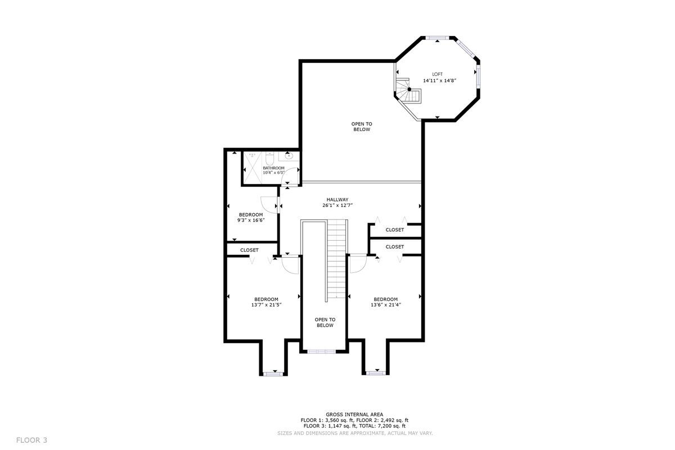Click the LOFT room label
[437, 74]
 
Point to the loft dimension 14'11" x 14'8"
[439, 80]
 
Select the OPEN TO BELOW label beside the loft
[362, 127]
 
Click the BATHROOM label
[273, 168]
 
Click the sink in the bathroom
[289, 156]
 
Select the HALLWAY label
[337, 199]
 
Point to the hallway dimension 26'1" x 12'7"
[337, 205]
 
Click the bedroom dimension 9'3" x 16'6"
[251, 220]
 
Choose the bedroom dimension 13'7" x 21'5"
[266, 305]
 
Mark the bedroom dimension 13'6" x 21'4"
[385, 305]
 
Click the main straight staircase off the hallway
[336, 259]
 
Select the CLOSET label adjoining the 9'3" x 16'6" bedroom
[249, 250]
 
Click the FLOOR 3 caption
[31, 440]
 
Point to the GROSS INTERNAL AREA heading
[354, 414]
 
